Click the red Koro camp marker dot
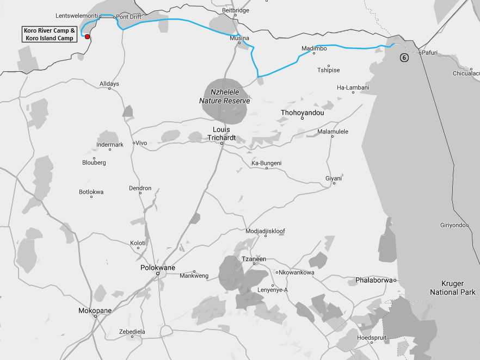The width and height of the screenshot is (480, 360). coord(87,36)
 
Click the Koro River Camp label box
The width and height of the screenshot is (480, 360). coord(49,34)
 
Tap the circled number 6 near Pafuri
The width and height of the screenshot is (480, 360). coord(404,57)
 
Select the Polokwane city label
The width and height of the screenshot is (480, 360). coord(158,268)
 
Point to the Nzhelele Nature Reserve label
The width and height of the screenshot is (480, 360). coord(224,97)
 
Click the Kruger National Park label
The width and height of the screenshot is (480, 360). coord(452,288)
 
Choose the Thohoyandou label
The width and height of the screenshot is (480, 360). coord(302,113)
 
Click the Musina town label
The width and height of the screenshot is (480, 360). coord(239,38)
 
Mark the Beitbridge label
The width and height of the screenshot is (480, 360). coord(236,10)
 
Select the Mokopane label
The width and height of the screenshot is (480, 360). coord(95,311)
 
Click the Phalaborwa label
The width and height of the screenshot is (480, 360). coord(373,280)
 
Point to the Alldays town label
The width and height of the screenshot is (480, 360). coord(109,84)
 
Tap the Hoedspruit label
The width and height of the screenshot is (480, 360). coord(371,337)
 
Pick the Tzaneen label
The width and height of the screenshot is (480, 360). coord(254,259)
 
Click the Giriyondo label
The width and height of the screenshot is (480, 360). coord(453,225)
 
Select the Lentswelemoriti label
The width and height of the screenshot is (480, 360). coord(76,16)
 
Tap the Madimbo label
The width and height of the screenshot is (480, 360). coord(314,48)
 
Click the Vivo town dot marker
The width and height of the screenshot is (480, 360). coord(134,143)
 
